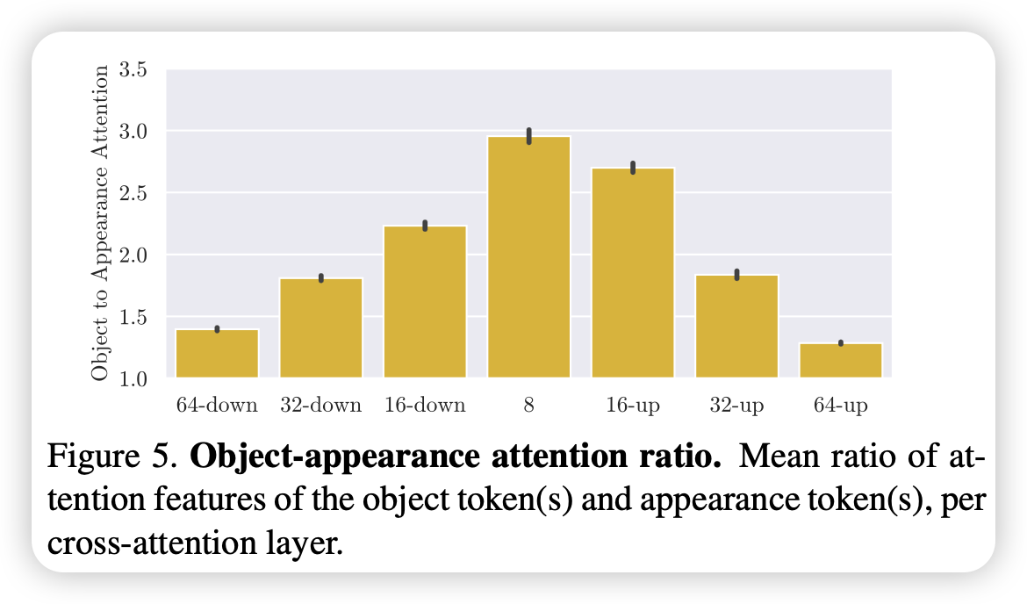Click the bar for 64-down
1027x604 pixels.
pyautogui.click(x=217, y=354)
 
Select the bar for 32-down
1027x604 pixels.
pyautogui.click(x=321, y=327)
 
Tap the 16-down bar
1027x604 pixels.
pyautogui.click(x=425, y=302)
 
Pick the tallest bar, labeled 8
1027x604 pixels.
pyautogui.click(x=529, y=257)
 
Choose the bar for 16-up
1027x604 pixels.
pyautogui.click(x=633, y=273)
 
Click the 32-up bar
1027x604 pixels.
pyautogui.click(x=737, y=327)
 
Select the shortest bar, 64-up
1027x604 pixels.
pyautogui.click(x=841, y=360)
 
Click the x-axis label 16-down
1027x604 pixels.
pyautogui.click(x=425, y=406)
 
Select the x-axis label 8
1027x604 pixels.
pyautogui.click(x=529, y=406)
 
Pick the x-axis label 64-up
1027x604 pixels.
pyautogui.click(x=841, y=406)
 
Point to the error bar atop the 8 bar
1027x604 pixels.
pyautogui.click(x=529, y=135)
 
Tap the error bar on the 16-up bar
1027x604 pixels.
pyautogui.click(x=633, y=167)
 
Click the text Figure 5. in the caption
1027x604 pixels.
pyautogui.click(x=112, y=457)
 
